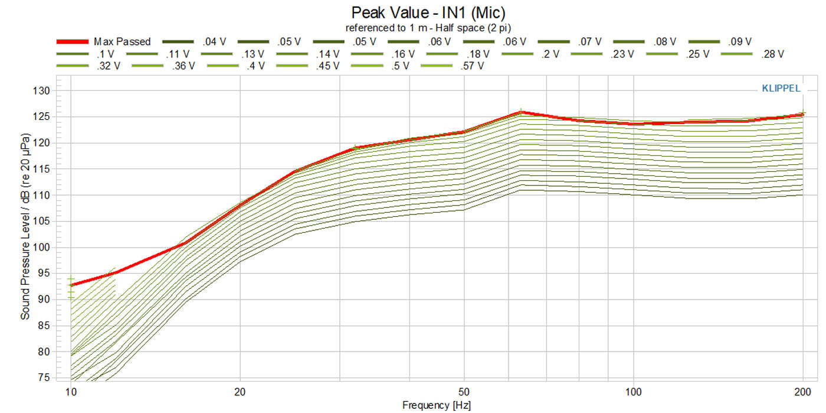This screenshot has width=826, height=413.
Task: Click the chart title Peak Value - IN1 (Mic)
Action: coord(428,12)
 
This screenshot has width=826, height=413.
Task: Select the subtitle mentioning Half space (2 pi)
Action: coord(428,28)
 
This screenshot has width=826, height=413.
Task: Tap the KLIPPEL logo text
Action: coord(781,89)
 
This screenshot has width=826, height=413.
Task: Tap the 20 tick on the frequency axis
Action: coord(240,391)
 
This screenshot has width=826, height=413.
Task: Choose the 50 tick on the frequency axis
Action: coord(464,391)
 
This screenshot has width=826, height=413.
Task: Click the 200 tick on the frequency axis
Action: coord(802,391)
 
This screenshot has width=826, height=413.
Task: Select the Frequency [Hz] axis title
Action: coord(436,405)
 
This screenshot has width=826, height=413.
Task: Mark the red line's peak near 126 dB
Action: coord(520,112)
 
